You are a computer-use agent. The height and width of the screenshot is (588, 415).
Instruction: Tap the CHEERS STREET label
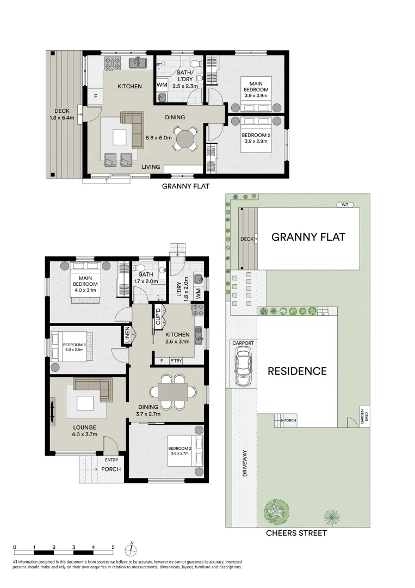296,533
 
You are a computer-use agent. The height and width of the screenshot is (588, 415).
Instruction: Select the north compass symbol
131,547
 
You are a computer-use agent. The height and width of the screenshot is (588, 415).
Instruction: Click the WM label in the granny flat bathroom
162,85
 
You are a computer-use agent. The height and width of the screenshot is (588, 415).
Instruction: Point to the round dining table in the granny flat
187,137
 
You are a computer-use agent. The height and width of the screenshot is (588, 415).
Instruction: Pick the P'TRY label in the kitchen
175,360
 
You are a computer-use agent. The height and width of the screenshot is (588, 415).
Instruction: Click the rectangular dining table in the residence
173,391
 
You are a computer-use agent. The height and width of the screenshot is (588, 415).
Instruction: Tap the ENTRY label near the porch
111,460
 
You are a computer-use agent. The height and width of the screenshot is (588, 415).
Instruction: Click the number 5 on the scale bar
113,547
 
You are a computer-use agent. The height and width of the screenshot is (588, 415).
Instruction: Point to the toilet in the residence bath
139,267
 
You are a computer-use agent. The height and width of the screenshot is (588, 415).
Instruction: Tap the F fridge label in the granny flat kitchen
96,96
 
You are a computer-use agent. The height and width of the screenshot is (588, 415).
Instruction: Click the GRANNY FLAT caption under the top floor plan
186,186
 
